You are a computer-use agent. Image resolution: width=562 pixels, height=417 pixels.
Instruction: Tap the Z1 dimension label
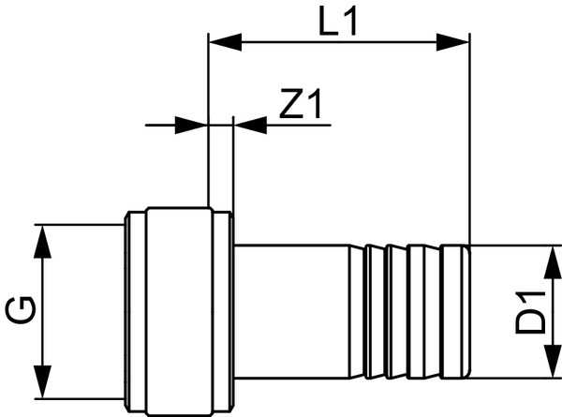tap(301, 106)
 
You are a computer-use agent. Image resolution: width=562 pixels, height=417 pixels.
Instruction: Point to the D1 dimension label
tap(533, 312)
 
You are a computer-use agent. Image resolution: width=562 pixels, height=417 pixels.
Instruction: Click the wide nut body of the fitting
tap(178, 309)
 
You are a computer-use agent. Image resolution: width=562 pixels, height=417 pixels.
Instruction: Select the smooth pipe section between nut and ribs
tap(290, 310)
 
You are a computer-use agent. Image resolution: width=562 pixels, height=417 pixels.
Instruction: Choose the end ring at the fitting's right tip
tap(456, 310)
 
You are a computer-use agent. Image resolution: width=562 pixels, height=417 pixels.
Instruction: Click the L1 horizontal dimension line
tap(337, 41)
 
